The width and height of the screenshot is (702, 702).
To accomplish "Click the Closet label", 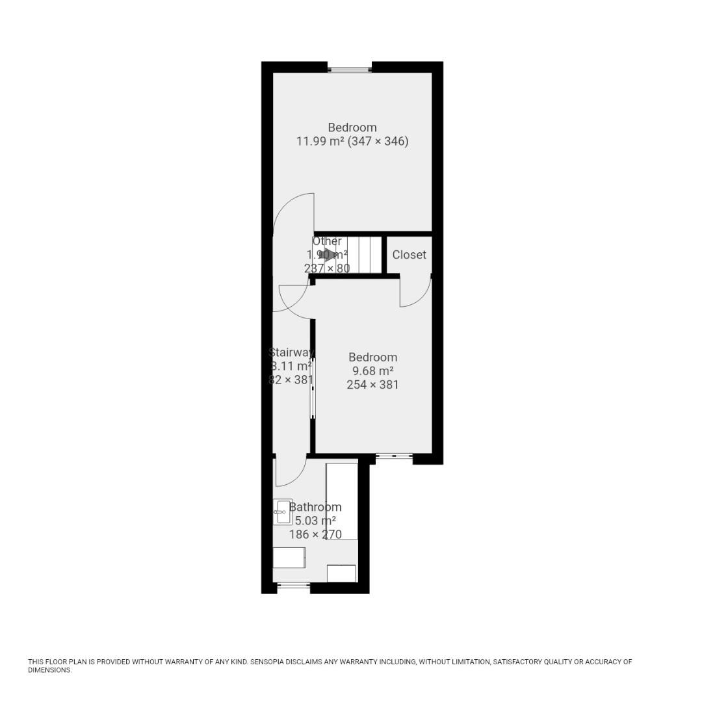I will (409, 255).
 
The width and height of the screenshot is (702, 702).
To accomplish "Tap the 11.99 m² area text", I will (320, 141).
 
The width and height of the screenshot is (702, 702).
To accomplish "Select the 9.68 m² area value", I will (372, 371).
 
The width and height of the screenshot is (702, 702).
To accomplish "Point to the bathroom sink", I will (282, 512).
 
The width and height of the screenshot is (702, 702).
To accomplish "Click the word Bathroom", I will (315, 507).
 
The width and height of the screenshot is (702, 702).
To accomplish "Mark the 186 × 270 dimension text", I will (315, 535).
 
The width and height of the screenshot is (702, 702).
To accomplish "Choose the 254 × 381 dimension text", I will (372, 385).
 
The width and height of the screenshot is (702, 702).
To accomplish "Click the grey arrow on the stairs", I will (330, 255).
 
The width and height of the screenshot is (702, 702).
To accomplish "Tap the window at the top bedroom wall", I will (350, 67).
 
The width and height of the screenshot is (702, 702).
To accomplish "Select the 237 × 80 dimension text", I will (327, 268).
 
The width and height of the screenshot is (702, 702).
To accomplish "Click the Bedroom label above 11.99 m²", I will (352, 127).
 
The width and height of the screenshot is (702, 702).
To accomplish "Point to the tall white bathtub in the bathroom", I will (342, 500).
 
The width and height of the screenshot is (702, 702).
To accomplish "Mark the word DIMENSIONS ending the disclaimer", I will (49, 670).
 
